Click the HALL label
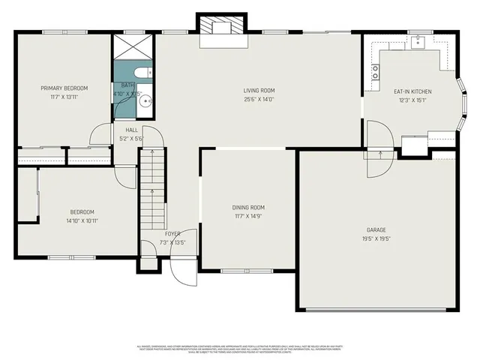coord(131,130)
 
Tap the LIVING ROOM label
coord(258,91)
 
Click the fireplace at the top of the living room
coord(222,29)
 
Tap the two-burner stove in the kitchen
coord(375,72)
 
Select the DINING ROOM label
coord(248,207)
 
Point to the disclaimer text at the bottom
coord(240,349)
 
